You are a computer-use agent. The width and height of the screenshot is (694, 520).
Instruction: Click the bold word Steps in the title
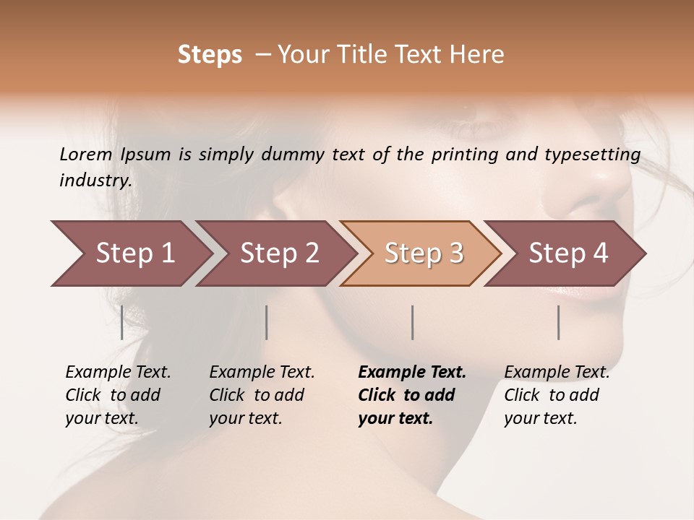210,55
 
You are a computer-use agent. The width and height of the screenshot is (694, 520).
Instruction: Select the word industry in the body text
95,181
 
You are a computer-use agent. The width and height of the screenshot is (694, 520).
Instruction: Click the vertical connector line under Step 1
122,322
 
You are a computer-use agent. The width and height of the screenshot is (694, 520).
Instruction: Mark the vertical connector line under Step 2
267,322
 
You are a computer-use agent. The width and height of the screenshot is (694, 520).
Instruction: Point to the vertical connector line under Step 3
413,322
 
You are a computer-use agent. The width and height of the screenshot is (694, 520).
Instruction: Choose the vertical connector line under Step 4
559,322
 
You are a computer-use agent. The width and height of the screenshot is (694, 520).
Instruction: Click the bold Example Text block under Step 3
411,395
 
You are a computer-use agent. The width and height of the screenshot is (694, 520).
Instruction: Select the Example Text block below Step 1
117,395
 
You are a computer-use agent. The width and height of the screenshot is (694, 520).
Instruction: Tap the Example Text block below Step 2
261,395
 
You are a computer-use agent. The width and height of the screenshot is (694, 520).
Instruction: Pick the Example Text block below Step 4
556,395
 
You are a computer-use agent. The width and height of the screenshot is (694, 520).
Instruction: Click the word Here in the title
480,55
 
